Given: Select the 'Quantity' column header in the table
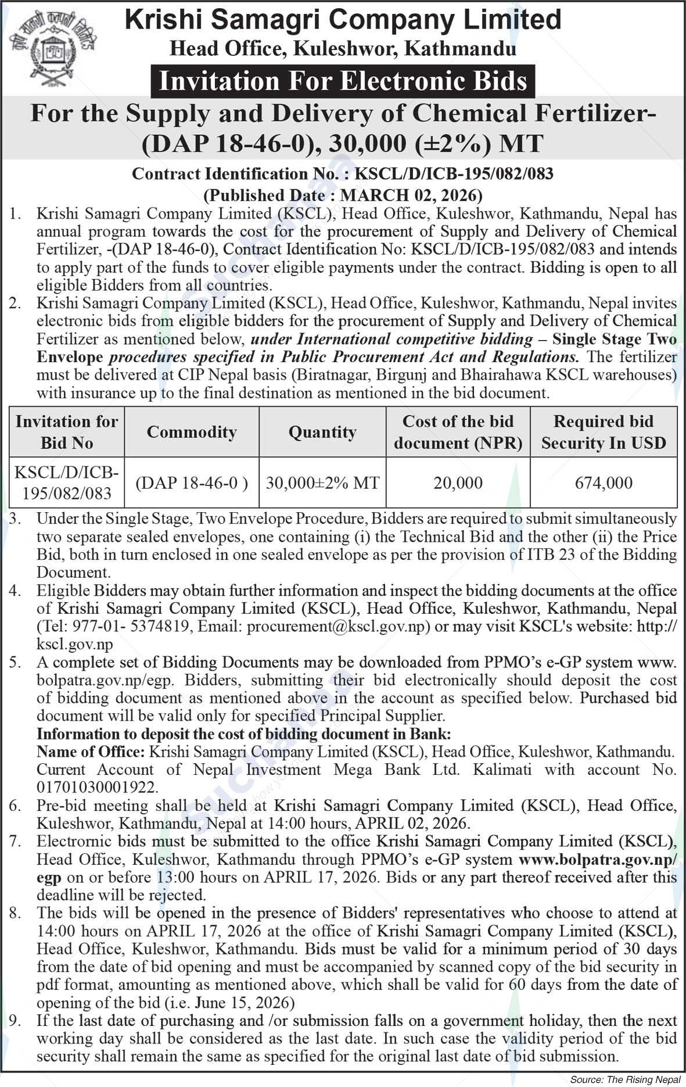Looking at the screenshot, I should coord(322,432).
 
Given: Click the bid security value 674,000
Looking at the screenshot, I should coord(604,482).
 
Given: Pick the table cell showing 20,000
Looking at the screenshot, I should coord(458,482).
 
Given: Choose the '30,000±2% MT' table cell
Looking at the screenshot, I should coord(322,482).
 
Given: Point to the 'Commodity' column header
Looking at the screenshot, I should coord(192,432).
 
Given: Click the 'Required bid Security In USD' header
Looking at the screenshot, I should coord(604,432).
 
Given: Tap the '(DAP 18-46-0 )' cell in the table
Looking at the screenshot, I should coord(192,482).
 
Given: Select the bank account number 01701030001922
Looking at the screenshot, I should coord(96,788).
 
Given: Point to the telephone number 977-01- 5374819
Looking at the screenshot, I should coord(131,627).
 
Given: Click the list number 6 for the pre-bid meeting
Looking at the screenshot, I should coord(15,806).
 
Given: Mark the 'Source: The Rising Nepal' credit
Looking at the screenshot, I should coord(624,1079).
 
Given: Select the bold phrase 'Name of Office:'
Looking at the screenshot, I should coord(91,752).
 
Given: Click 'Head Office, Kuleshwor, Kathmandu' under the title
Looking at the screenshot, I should coord(343,49).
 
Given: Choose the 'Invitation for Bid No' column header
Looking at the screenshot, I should coord(67,432).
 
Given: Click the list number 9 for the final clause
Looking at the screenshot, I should coord(15,1021).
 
